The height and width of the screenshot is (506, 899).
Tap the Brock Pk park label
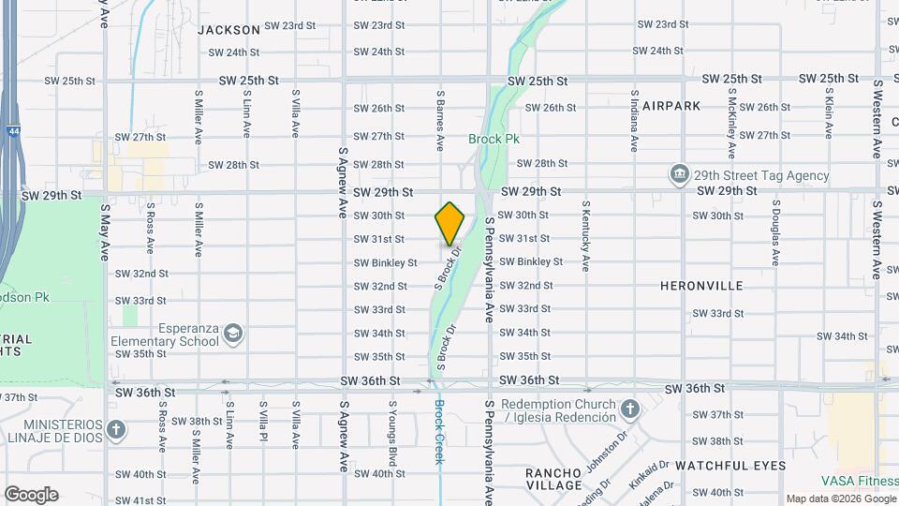click(x=494, y=139)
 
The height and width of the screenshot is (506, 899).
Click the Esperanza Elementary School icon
click(x=232, y=334)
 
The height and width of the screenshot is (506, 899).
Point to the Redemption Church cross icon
click(x=630, y=409)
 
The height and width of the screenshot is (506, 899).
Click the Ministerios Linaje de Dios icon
click(x=115, y=430)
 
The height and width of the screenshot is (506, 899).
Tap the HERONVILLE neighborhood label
click(x=701, y=285)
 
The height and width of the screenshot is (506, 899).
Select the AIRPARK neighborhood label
click(x=666, y=106)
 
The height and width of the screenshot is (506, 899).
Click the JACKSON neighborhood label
click(x=228, y=30)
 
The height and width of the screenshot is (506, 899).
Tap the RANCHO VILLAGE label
click(x=553, y=478)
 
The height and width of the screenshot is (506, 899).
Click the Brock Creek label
click(x=438, y=433)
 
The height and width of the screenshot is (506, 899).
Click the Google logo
click(x=31, y=495)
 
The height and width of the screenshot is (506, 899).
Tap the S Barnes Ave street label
click(x=439, y=121)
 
